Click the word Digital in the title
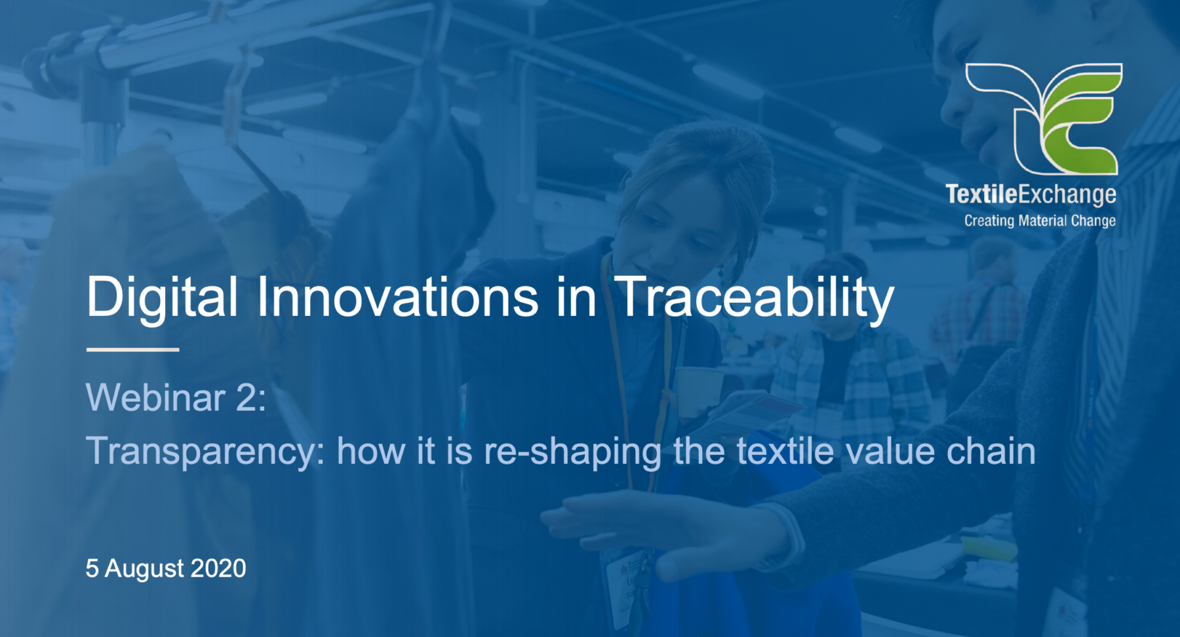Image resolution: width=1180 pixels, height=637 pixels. [161, 298]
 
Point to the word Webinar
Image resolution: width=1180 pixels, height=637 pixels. [156, 397]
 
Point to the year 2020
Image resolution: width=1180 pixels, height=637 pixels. [219, 568]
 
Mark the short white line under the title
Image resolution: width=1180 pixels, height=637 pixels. [132, 350]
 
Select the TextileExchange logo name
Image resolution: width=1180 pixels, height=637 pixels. [1031, 194]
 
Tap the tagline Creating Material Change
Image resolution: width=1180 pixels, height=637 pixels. [1040, 221]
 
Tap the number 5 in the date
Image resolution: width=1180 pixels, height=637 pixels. [92, 568]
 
